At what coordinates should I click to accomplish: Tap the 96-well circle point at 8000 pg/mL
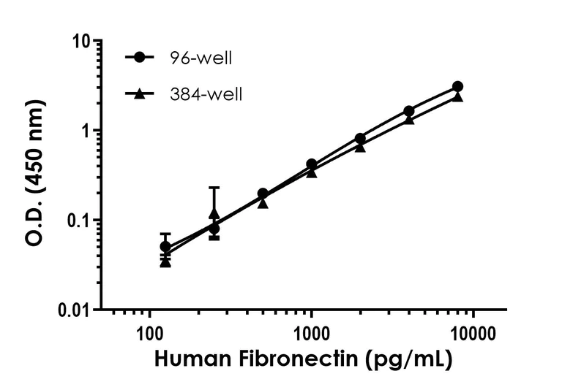coord(457,87)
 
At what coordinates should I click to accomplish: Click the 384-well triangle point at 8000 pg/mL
coord(457,96)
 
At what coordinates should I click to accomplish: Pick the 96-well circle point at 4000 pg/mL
coord(409,111)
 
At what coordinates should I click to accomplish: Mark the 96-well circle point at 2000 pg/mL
coord(360,138)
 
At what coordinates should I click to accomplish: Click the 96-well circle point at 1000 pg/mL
coord(312,164)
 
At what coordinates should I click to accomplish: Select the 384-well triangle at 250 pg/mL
coord(214,213)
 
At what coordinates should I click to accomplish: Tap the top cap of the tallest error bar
coord(214,188)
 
